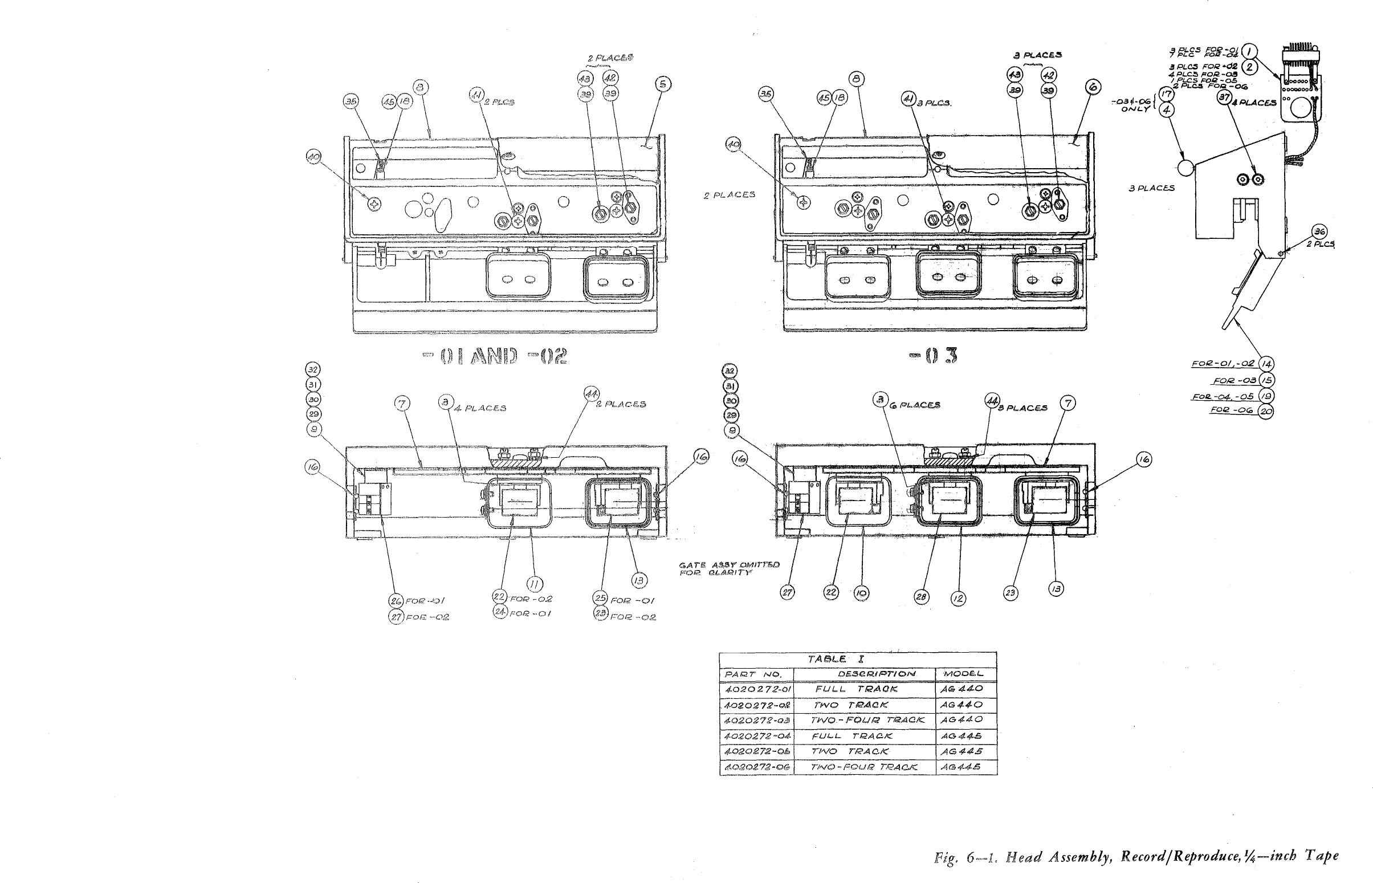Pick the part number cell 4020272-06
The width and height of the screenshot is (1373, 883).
(x=757, y=767)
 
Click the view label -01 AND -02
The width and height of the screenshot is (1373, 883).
(x=495, y=357)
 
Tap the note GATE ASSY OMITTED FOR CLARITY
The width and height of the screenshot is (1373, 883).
(x=729, y=568)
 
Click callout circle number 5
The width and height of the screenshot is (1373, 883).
(x=663, y=84)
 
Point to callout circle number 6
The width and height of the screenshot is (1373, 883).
(x=1093, y=87)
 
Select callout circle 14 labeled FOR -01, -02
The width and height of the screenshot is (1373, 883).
(x=1266, y=364)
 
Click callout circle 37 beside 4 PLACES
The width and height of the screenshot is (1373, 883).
(x=1224, y=97)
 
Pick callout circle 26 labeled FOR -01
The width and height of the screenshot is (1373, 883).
(x=396, y=601)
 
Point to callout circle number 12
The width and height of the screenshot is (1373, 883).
(x=958, y=599)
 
